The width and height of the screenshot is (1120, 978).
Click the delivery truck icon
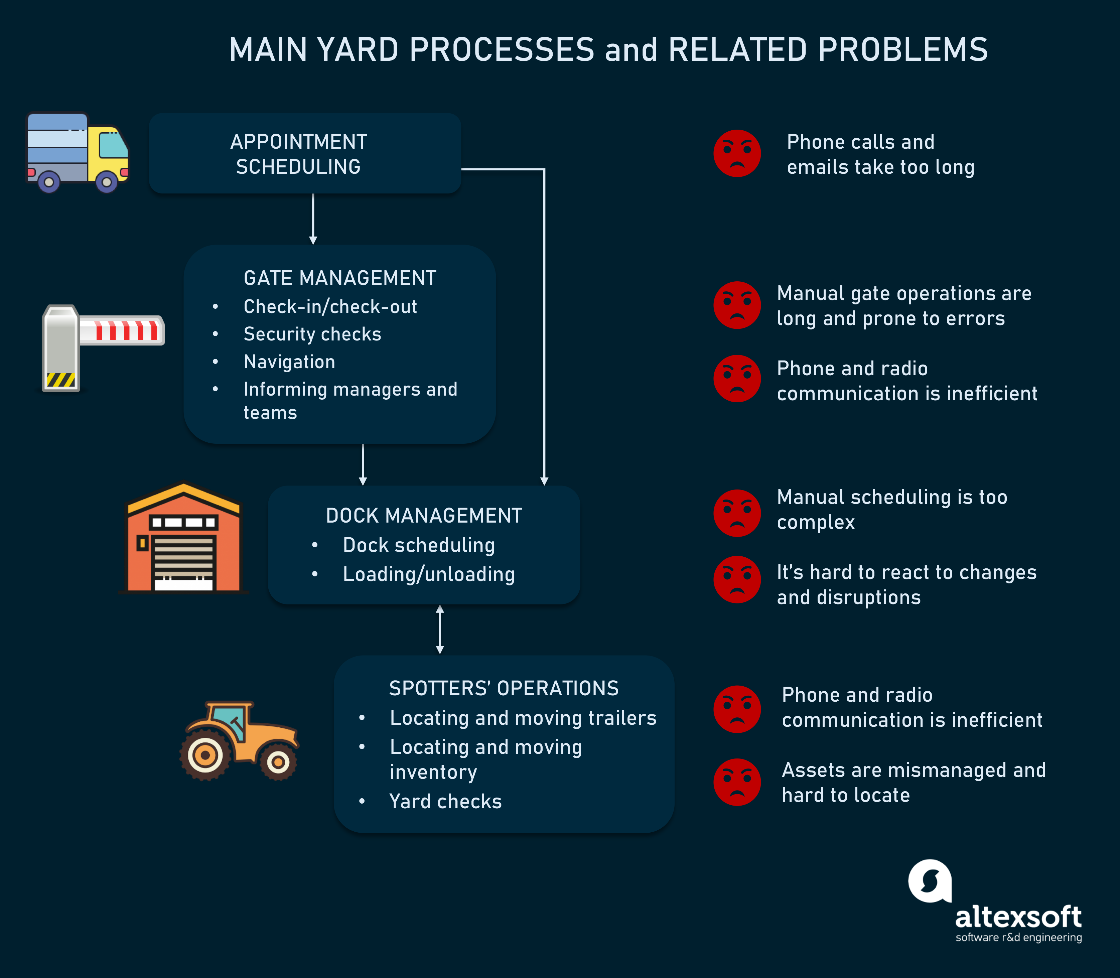pos(78,153)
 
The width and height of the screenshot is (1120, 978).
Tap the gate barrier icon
pos(103,347)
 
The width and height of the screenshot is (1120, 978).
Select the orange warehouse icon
pos(183,538)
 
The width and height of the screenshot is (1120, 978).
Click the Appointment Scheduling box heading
pos(299,154)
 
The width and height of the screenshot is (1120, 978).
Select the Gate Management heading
pos(340,278)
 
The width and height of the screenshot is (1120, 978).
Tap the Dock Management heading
pos(424,515)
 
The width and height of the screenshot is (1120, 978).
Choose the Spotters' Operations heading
pos(504,688)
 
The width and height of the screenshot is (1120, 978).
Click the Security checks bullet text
pos(312,334)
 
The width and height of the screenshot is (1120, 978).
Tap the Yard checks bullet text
pos(445,801)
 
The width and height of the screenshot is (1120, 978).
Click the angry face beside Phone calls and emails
pos(737,153)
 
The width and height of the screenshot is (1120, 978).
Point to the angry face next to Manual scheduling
pos(737,513)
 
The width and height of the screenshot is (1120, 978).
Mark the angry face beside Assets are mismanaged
pos(737,782)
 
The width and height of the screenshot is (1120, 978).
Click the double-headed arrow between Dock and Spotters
pos(440,629)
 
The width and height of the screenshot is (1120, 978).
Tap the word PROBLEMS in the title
pos(903,50)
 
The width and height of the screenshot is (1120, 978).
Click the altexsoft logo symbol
pos(930,881)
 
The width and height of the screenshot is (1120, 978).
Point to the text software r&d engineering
pos(1018,938)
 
